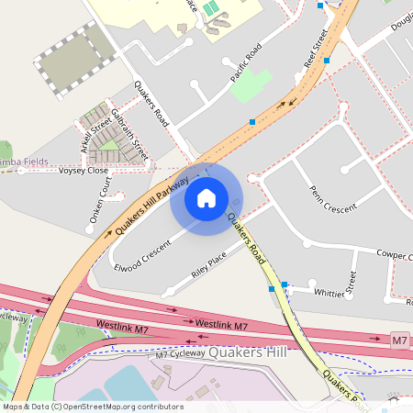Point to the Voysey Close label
coord(83,171)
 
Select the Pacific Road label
coord(246,61)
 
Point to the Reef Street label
coord(316,50)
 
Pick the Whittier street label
coord(329,293)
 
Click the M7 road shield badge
coord(398,340)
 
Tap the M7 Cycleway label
coord(178,354)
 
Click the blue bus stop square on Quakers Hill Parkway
coord(251,121)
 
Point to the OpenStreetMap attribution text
coord(92,407)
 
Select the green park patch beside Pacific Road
coord(251,85)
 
